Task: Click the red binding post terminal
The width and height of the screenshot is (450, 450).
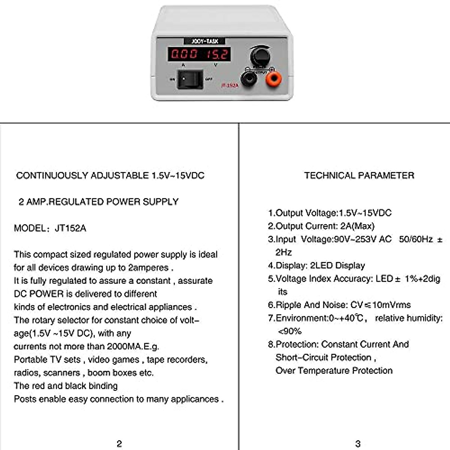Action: (274, 79)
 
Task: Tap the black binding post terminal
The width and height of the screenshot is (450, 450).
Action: (248, 79)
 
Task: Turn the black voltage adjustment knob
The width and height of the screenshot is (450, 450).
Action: (260, 56)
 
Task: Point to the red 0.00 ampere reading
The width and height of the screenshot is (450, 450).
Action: (184, 54)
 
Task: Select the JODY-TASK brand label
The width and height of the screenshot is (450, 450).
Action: (204, 41)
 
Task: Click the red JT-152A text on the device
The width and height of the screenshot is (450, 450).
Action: (229, 85)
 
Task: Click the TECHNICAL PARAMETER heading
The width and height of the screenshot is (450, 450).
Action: (359, 175)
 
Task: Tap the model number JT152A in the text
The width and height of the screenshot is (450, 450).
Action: (70, 228)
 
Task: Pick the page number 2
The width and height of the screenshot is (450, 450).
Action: (119, 444)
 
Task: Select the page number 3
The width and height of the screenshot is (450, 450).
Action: (358, 444)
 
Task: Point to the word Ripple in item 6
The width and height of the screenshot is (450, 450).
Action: (289, 305)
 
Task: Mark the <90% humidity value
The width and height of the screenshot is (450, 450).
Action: (289, 331)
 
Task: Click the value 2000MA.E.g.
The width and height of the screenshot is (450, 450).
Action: (133, 346)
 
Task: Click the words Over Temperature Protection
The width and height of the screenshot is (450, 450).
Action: (334, 370)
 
